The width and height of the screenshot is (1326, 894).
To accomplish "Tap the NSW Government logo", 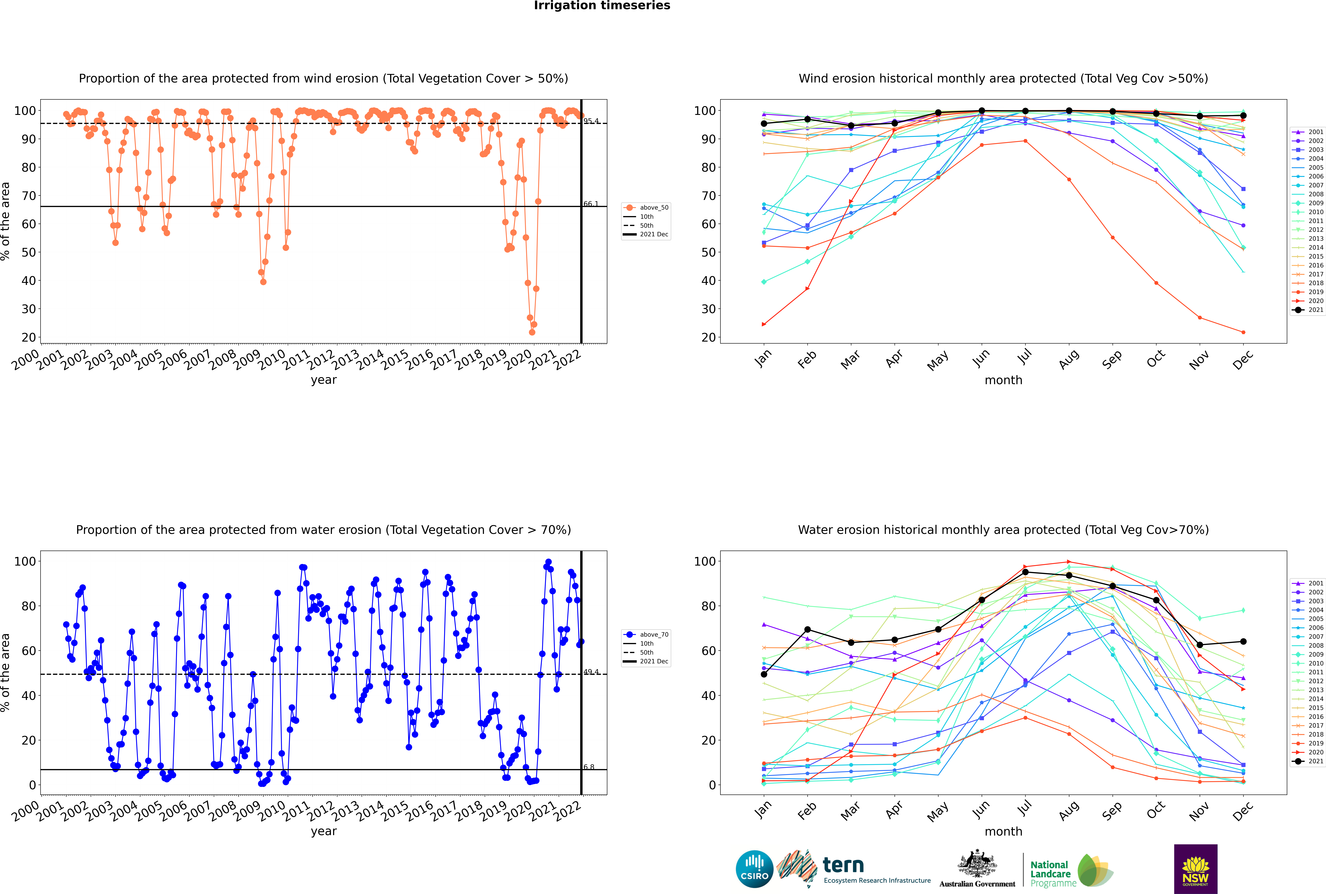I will (1195, 868).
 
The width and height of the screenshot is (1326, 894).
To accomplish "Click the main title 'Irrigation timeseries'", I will (602, 6).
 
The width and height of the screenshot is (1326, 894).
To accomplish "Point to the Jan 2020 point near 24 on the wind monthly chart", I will (764, 324).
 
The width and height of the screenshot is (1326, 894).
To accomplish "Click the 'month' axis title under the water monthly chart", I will (1003, 831).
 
